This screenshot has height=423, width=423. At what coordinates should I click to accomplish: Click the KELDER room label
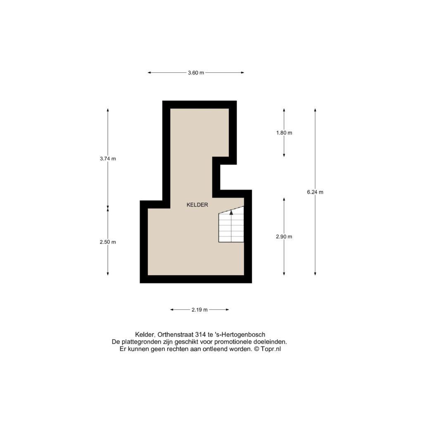(x=197, y=205)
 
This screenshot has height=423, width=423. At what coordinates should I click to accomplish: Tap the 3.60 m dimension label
(x=196, y=73)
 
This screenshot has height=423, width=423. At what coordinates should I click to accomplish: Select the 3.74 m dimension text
(x=108, y=159)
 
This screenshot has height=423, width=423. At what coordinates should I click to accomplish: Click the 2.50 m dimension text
(x=108, y=242)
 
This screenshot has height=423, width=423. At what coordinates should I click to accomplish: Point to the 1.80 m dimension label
(x=284, y=133)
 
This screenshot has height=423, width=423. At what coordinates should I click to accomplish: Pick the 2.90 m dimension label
(x=284, y=237)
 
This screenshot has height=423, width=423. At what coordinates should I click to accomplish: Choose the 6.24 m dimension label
(x=315, y=192)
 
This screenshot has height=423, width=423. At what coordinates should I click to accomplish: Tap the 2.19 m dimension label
(x=200, y=310)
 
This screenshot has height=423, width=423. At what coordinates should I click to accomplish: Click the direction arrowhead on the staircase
(x=231, y=213)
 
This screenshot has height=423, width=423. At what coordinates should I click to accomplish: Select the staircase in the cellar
(x=231, y=224)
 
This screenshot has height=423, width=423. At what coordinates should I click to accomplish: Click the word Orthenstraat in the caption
(x=175, y=335)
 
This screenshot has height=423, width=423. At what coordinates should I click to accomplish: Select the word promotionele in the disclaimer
(x=232, y=342)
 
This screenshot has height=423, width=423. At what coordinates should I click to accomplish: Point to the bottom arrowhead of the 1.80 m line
(x=284, y=155)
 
